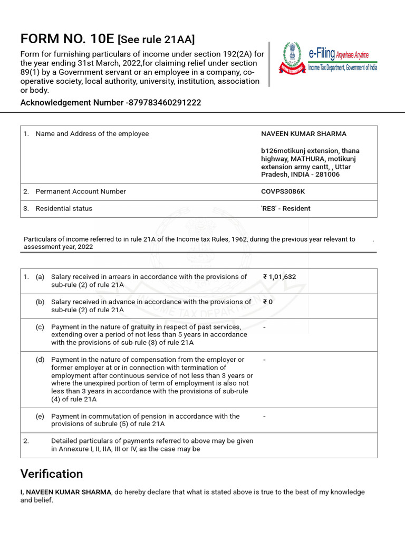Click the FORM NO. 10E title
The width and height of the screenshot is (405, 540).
[x=67, y=38]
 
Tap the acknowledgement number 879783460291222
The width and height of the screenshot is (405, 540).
[x=165, y=103]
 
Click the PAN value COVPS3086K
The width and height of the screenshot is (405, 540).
[x=283, y=191]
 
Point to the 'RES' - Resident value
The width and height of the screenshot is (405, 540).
[x=286, y=208]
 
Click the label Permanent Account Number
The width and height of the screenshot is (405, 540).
[x=81, y=191]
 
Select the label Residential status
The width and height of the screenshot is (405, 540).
[x=64, y=208]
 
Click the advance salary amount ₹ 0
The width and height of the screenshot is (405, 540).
[x=268, y=302]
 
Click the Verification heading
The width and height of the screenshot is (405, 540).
[x=52, y=474]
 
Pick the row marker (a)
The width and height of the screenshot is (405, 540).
[x=40, y=277]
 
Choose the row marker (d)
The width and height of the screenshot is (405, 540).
[x=40, y=360]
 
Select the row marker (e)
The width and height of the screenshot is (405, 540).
[x=40, y=416]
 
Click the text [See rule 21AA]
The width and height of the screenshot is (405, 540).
[x=156, y=40]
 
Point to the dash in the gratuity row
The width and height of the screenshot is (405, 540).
[x=264, y=327]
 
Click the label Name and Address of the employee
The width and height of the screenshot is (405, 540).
[x=92, y=134]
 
